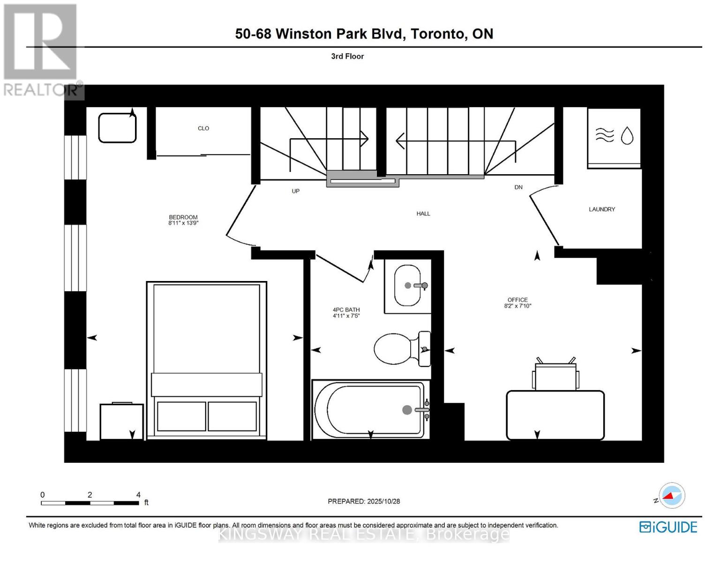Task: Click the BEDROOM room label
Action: coord(183,217)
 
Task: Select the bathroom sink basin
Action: coord(407,286)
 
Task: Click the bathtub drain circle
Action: coord(407,410)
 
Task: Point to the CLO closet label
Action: coord(203,128)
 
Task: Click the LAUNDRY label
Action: coord(602,209)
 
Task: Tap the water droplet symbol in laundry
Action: coord(627,136)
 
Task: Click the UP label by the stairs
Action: coord(295,191)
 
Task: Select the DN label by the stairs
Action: coord(518,187)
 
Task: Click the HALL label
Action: coord(423,214)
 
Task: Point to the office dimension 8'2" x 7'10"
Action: coord(518,306)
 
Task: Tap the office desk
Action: coord(555,415)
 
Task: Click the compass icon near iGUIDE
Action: coord(672,495)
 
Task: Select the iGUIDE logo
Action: coord(668,527)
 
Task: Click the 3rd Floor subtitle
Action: coord(347,56)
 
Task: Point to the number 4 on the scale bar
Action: coord(138,495)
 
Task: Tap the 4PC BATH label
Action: coord(346,310)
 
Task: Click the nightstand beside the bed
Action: coord(121,421)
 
